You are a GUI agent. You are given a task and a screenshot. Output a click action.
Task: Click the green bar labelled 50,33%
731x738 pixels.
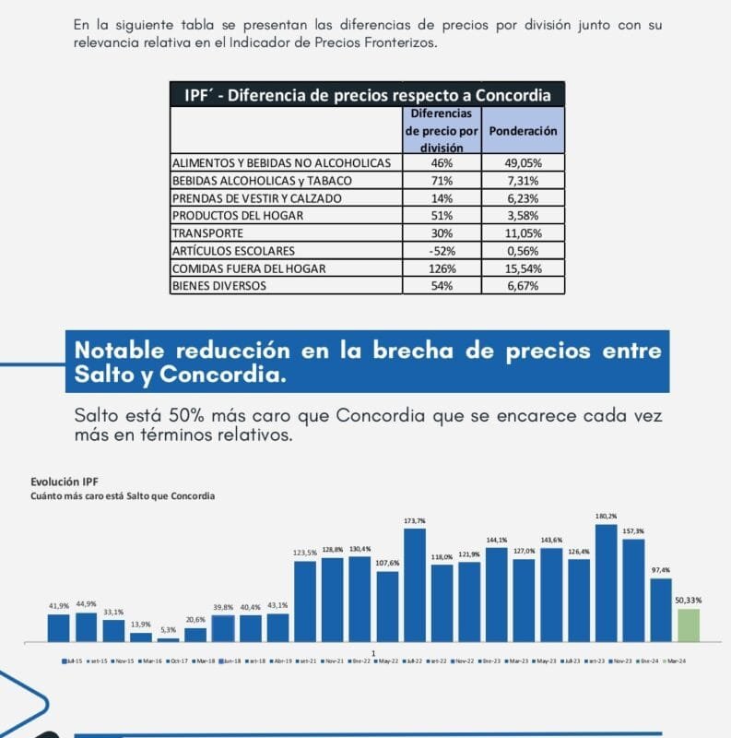click(689, 625)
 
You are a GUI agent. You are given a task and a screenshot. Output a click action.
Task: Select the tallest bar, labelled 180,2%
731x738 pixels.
click(607, 583)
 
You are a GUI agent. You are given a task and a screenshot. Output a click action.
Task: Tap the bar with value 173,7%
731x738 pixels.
click(415, 585)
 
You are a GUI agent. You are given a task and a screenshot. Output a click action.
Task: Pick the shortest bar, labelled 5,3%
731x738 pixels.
click(169, 639)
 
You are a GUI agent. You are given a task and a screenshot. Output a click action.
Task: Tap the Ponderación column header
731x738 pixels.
click(524, 131)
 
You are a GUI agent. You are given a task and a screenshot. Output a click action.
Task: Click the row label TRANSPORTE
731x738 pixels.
click(207, 233)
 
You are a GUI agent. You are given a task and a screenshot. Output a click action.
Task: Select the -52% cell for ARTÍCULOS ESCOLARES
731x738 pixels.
click(441, 251)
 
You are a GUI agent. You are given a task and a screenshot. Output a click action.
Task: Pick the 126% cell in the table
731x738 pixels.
click(441, 268)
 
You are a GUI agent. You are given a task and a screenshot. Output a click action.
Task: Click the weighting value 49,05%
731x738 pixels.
click(524, 162)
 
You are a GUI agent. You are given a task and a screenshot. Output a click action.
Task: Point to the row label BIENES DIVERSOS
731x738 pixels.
click(219, 286)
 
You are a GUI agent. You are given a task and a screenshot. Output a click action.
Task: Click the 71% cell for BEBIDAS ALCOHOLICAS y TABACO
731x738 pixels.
click(441, 181)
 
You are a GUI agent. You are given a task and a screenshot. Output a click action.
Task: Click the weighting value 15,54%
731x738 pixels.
click(524, 268)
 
